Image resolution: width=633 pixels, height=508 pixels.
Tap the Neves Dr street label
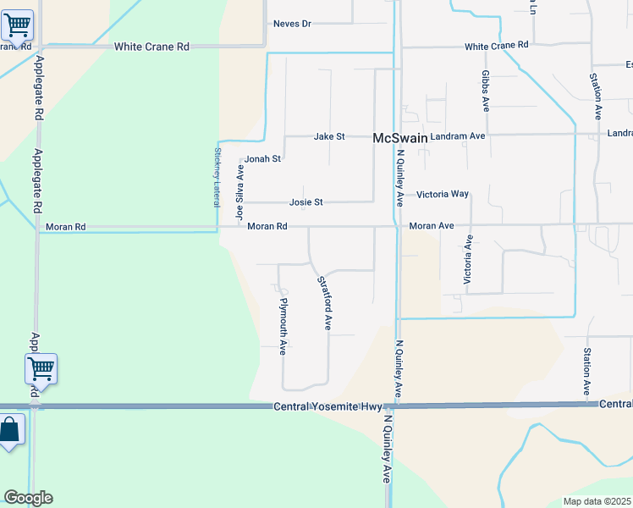coord(292,24)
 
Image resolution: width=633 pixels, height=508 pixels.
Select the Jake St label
coord(329,136)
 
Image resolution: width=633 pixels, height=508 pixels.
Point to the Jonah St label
coord(262,158)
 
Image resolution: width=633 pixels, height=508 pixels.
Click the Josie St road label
coord(306,202)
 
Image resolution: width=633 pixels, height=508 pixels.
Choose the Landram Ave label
coord(457,135)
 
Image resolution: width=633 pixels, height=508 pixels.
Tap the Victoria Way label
coord(442,194)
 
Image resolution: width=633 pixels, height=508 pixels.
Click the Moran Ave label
coord(432,226)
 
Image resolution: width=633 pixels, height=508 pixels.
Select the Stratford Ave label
coord(323,302)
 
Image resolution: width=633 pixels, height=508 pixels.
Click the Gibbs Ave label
coord(486,91)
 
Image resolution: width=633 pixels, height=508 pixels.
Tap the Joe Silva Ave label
coord(240,192)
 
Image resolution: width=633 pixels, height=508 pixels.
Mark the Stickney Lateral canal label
coord(217,178)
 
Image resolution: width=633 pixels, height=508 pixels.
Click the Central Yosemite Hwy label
coord(327,407)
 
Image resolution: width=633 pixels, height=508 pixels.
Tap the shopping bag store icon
coord(10,431)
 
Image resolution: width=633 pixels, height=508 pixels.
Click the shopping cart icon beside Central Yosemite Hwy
coord(41,368)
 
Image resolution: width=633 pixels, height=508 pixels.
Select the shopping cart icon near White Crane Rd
coord(17,25)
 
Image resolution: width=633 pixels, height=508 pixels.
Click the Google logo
coord(28,498)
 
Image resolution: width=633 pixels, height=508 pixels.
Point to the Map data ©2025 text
coord(597,501)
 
